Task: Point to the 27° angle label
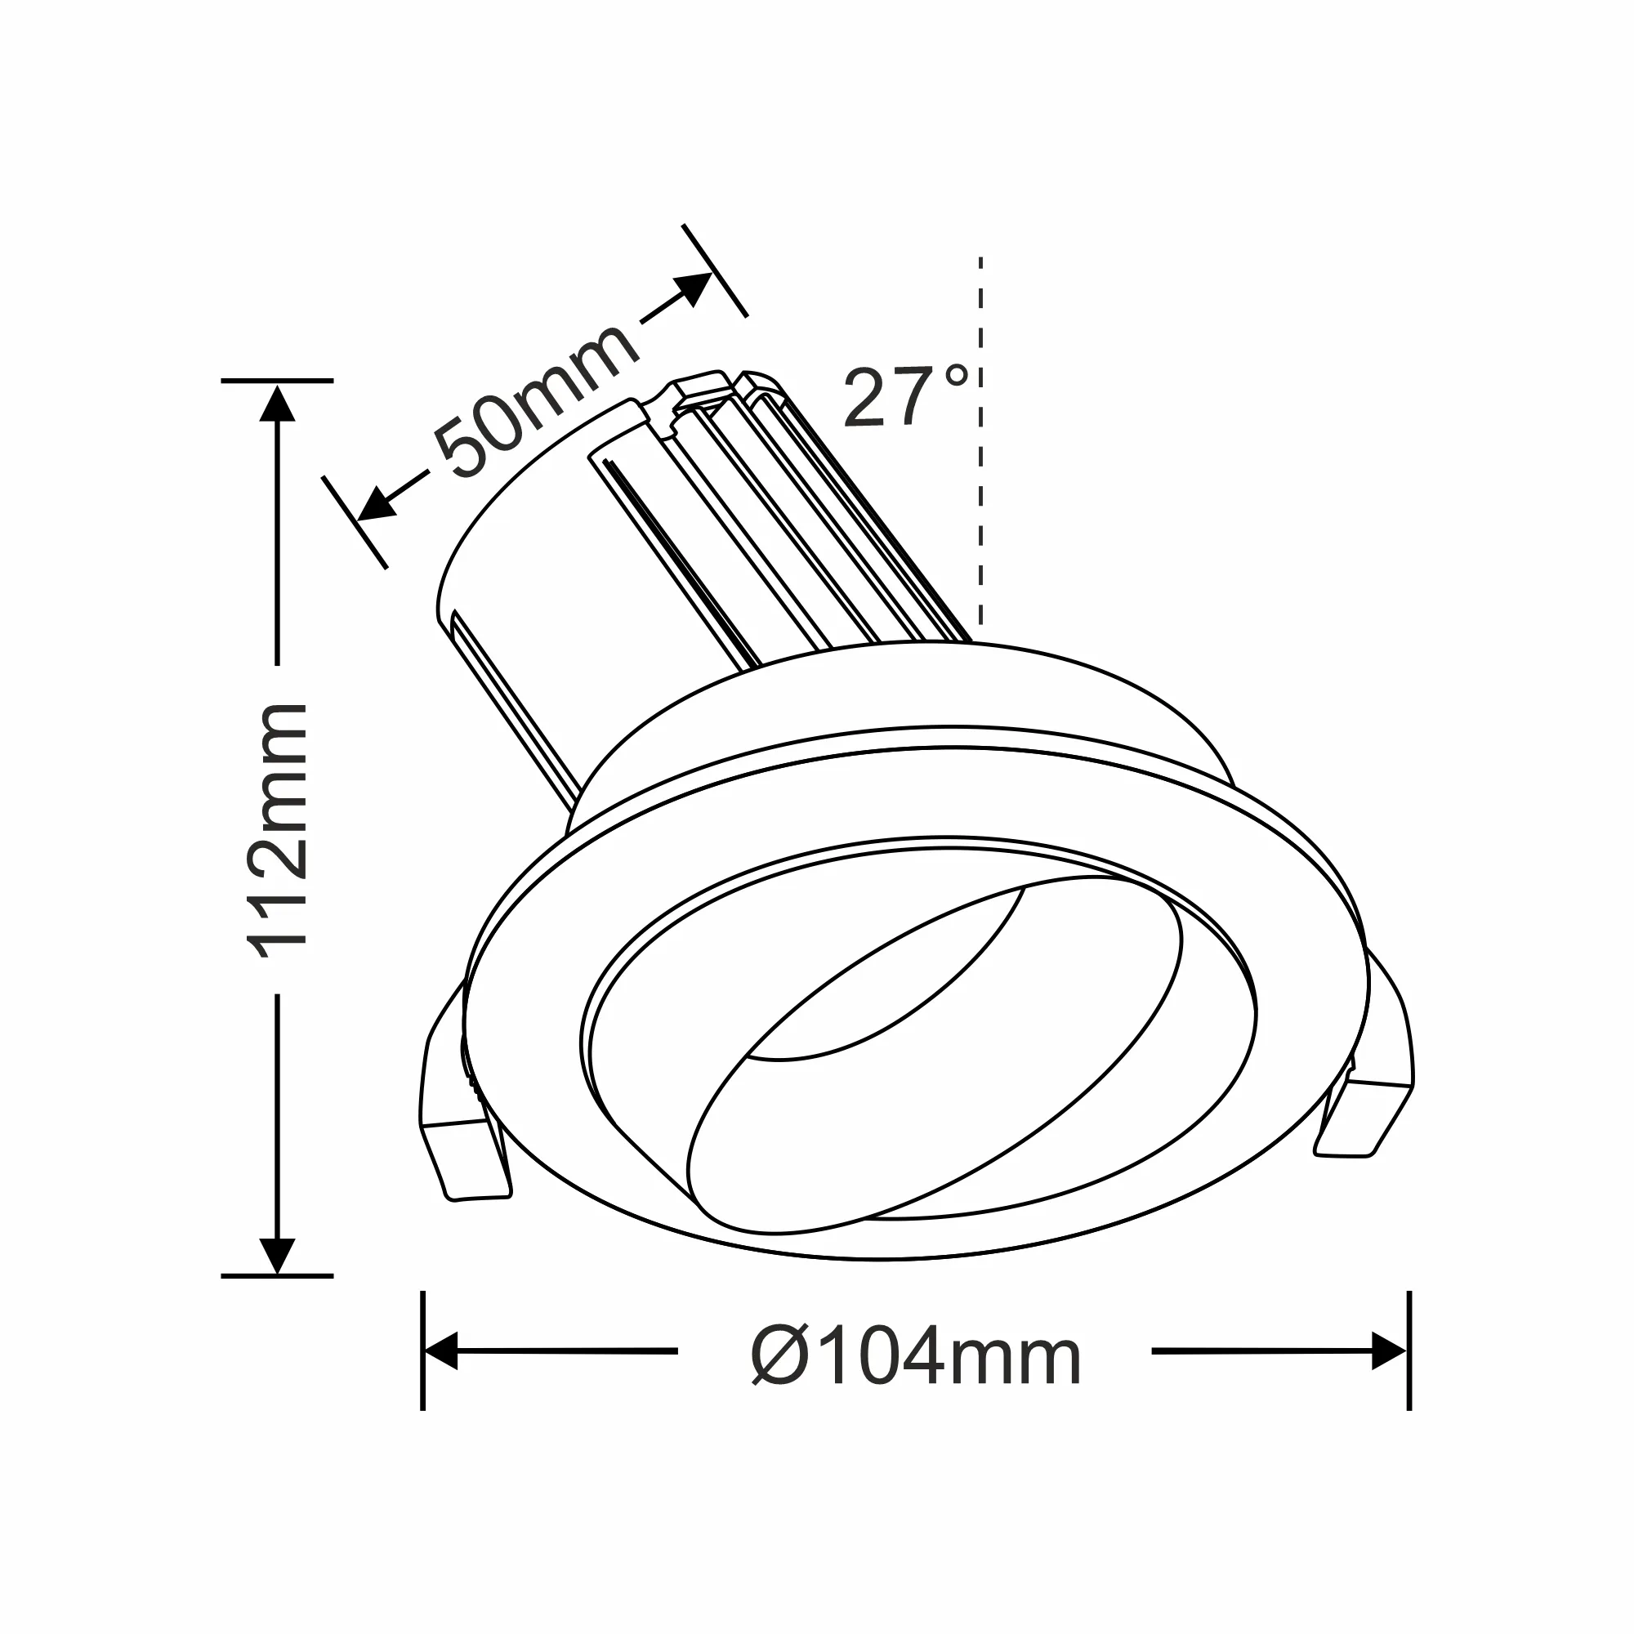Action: (x=904, y=395)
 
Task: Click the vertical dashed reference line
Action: (x=980, y=507)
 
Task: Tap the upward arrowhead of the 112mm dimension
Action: (x=277, y=404)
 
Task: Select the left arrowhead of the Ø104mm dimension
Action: (x=440, y=1351)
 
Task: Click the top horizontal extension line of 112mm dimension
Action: (x=277, y=381)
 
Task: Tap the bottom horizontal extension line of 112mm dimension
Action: (x=277, y=1275)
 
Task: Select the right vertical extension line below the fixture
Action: (x=1409, y=1353)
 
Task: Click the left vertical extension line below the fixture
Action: (x=422, y=1353)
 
